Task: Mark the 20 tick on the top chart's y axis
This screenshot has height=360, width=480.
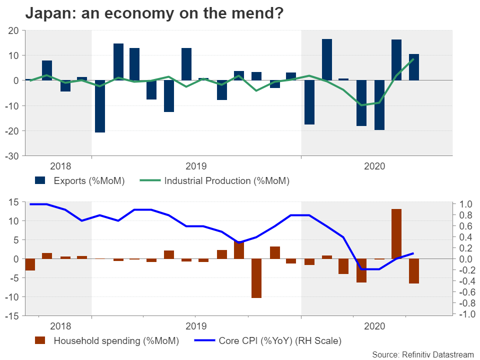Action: pos(14,30)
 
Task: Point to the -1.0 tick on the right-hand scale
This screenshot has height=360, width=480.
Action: pos(464,314)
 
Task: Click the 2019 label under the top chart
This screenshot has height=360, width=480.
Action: pos(195,165)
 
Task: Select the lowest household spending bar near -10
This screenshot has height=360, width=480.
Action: pos(256,278)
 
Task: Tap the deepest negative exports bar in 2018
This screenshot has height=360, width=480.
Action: pos(100,106)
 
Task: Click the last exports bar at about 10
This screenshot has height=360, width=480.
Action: pos(414,67)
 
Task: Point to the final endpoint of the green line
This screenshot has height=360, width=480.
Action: pos(413,59)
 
